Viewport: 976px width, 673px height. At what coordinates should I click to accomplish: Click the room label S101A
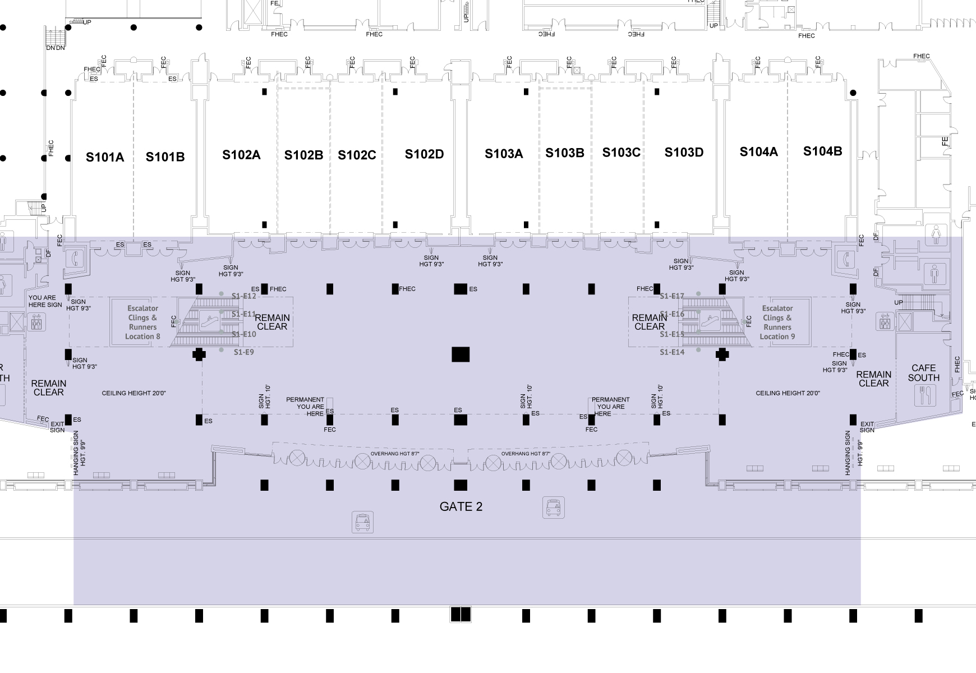(105, 157)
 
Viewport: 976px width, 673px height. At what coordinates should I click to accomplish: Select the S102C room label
(357, 155)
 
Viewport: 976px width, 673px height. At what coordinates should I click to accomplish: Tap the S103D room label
(684, 153)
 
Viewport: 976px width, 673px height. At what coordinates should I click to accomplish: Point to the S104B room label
(822, 151)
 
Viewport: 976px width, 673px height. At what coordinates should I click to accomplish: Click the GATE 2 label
(461, 507)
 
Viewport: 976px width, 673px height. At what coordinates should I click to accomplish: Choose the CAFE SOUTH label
(923, 373)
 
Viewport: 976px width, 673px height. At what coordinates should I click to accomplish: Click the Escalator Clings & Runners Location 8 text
(142, 322)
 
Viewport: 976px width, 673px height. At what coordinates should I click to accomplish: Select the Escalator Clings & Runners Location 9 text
(777, 322)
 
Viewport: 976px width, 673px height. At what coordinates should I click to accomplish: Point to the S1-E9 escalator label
(243, 352)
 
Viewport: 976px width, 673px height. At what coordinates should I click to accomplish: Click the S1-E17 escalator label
(672, 296)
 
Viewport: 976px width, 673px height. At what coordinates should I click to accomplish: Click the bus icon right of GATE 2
(554, 508)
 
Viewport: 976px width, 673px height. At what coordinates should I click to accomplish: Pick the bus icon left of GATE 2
(362, 522)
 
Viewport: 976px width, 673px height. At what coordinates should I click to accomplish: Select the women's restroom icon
(935, 234)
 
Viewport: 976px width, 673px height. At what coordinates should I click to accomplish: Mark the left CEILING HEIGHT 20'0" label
(133, 393)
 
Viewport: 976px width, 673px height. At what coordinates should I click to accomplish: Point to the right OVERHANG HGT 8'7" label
(526, 454)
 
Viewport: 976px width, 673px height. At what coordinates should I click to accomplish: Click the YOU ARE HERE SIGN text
(45, 301)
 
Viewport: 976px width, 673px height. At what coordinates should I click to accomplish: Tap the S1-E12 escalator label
(243, 296)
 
